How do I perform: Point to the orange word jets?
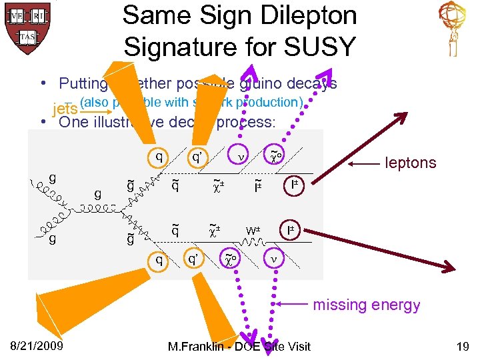(x=65, y=109)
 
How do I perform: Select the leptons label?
(x=411, y=163)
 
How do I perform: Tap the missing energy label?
(x=367, y=305)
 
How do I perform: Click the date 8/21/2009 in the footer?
(x=37, y=346)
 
